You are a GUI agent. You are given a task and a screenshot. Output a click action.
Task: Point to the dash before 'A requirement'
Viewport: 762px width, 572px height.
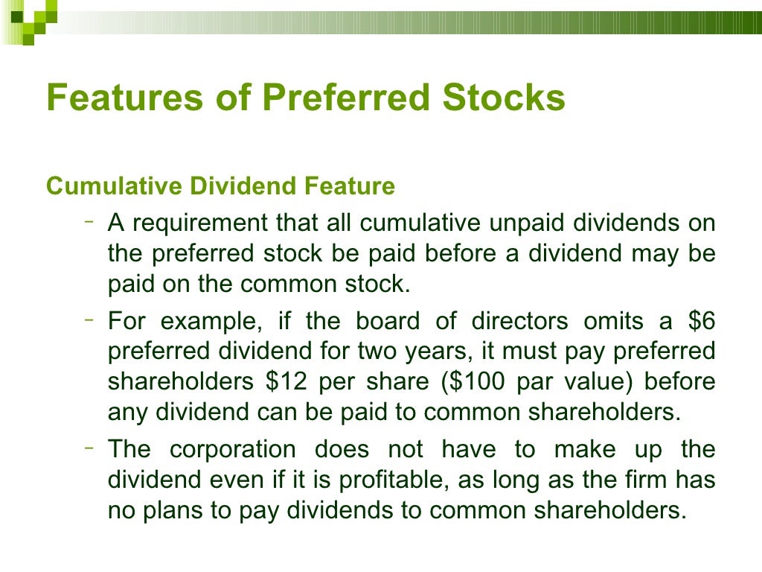[x=89, y=220]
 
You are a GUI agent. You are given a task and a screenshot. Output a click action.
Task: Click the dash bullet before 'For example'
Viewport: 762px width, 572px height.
[x=89, y=320]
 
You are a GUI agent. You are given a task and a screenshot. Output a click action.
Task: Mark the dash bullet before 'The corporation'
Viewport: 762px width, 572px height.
[x=89, y=448]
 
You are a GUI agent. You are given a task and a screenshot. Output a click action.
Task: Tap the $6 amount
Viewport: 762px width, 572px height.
[x=699, y=322]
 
